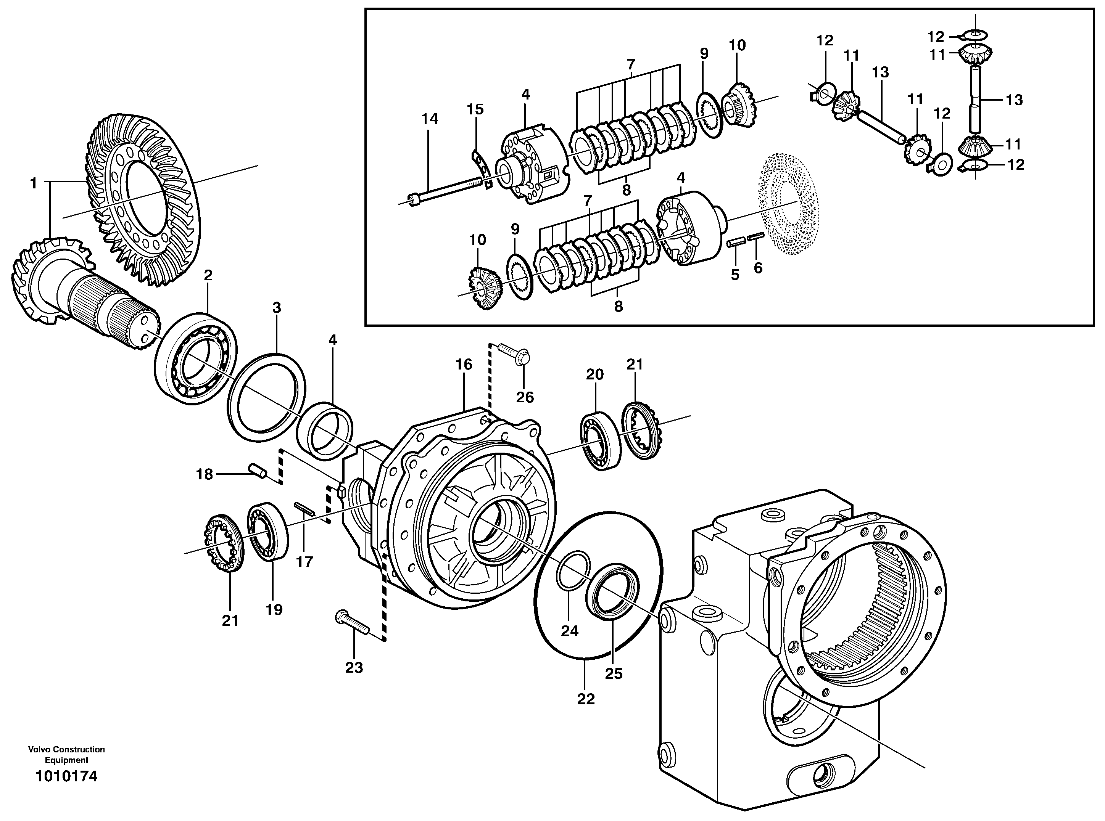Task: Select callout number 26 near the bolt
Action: [x=525, y=397]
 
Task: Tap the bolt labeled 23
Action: [x=352, y=624]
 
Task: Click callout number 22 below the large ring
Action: [x=586, y=699]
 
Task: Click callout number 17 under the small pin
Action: [x=304, y=562]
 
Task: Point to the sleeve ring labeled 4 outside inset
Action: [x=325, y=428]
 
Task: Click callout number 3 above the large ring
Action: [x=277, y=308]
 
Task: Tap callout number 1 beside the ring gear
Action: [x=33, y=183]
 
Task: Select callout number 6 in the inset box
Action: [x=757, y=267]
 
